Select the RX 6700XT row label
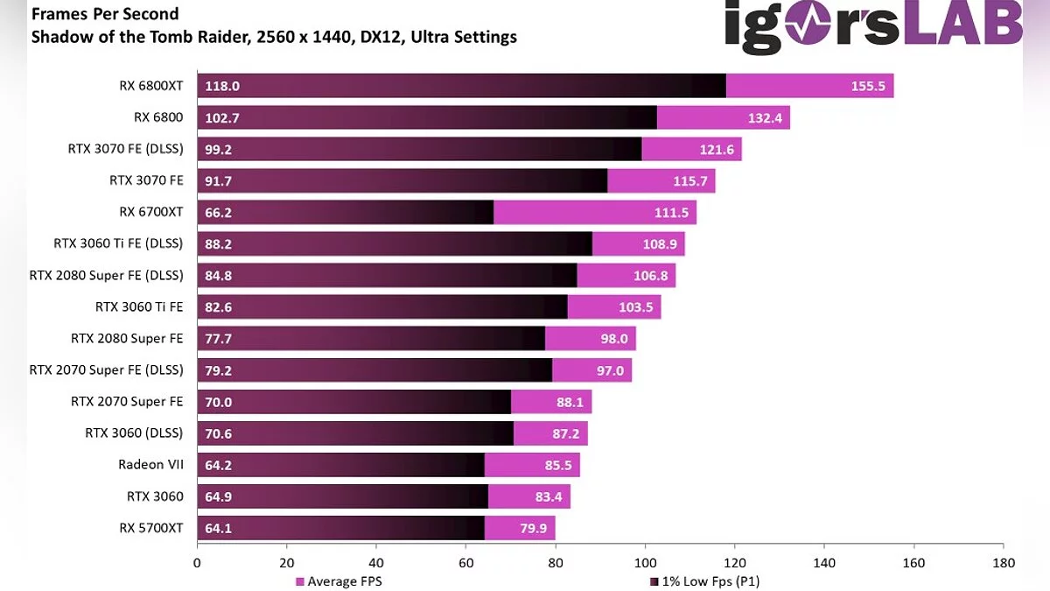(151, 212)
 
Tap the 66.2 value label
(219, 212)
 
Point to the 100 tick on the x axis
(645, 563)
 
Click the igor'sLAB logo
(872, 25)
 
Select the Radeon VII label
(150, 465)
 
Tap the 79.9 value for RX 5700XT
(533, 528)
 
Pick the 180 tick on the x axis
(1003, 563)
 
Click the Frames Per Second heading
(105, 14)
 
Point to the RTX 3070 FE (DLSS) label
(125, 149)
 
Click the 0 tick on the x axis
(198, 563)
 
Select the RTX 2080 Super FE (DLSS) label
(106, 275)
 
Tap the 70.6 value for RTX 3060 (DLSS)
(219, 433)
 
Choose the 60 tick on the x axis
(466, 563)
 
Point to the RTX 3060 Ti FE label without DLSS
(139, 306)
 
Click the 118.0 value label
(222, 86)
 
